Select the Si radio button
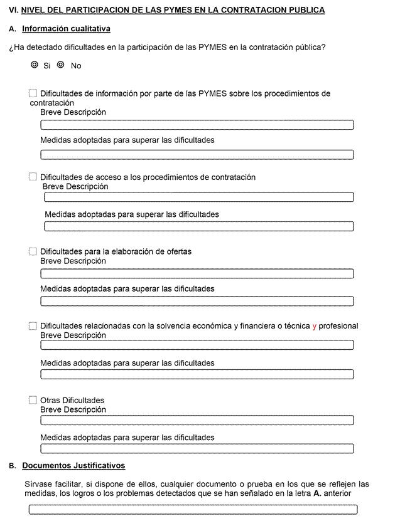pyautogui.click(x=35, y=65)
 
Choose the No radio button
pyautogui.click(x=61, y=65)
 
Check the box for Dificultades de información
pyautogui.click(x=33, y=93)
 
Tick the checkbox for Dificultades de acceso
pyautogui.click(x=33, y=177)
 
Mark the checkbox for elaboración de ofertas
pyautogui.click(x=33, y=251)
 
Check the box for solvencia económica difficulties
pyautogui.click(x=33, y=326)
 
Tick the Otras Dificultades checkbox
pyautogui.click(x=33, y=400)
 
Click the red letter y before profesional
pyautogui.click(x=315, y=326)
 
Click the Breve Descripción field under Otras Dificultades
pyautogui.click(x=197, y=420)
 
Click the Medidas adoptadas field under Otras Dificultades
pyautogui.click(x=197, y=448)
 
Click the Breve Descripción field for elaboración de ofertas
pyautogui.click(x=197, y=273)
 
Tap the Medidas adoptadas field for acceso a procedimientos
pyautogui.click(x=199, y=226)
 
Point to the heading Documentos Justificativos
pyautogui.click(x=73, y=465)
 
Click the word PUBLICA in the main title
pyautogui.click(x=306, y=11)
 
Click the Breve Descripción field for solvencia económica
pyautogui.click(x=197, y=345)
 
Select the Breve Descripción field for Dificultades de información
pyautogui.click(x=197, y=125)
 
